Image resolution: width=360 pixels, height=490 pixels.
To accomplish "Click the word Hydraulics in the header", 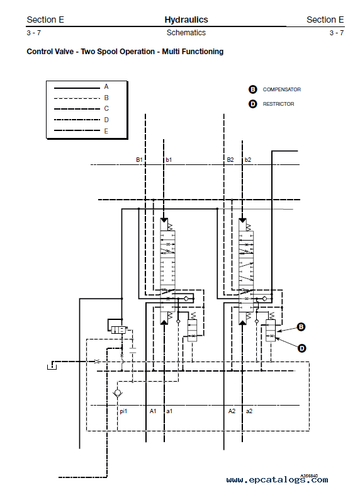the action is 186,20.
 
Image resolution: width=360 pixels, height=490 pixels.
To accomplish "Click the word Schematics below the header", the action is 186,33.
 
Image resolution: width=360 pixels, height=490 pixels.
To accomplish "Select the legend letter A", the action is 106,86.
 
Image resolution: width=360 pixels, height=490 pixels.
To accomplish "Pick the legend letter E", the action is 106,131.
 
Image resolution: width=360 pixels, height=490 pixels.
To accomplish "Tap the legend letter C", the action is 106,109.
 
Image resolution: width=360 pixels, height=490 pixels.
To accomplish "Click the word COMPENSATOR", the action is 281,89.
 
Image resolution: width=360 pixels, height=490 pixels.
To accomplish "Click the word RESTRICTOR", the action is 279,104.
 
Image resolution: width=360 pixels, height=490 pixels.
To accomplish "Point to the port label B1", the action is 139,160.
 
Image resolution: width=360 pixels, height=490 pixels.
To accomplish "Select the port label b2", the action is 248,160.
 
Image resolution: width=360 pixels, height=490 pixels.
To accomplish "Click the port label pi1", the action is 123,411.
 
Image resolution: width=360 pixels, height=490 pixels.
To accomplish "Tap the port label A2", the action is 232,411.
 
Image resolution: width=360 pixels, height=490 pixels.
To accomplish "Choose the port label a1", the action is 169,411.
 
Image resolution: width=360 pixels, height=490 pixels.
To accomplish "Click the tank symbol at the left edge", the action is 52,367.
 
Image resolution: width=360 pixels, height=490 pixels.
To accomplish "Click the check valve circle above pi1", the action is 118,392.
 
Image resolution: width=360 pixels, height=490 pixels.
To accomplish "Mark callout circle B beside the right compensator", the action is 301,327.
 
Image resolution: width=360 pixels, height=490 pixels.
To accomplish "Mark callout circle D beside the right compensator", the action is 302,348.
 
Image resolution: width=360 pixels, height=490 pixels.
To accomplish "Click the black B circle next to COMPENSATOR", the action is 252,89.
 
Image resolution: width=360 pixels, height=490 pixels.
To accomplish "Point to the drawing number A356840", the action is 309,476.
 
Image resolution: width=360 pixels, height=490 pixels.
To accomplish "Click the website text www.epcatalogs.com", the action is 278,480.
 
